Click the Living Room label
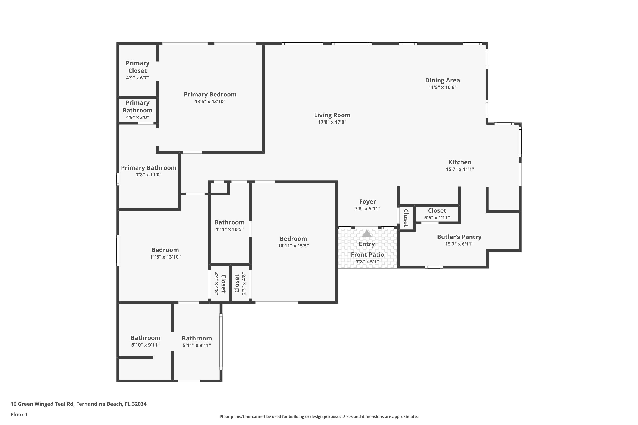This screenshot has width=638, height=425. point(332,115)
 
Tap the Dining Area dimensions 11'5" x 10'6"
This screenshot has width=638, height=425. point(442,87)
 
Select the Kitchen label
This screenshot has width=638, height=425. point(460,162)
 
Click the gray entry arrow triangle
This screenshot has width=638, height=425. point(367,233)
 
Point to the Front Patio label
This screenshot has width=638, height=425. point(367,255)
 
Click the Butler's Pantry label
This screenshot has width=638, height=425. point(459,237)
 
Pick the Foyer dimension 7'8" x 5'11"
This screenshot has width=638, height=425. point(367,208)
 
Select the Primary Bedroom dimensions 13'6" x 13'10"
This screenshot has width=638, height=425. point(210,101)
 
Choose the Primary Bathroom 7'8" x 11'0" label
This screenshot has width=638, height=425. point(149,168)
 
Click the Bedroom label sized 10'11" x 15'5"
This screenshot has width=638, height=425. point(293,239)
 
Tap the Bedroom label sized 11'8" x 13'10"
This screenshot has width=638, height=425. point(165,250)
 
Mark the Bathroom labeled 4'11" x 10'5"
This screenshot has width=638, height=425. point(229,222)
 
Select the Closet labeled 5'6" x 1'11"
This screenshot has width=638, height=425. point(437,211)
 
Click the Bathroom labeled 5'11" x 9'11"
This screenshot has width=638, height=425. point(197,338)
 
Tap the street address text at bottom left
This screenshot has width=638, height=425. point(78,404)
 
